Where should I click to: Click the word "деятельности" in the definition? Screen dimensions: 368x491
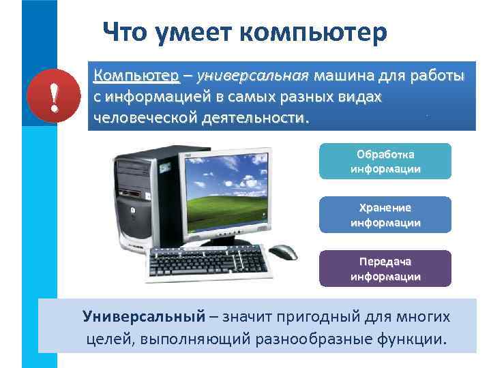(255, 118)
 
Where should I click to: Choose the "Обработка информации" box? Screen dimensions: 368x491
(385, 161)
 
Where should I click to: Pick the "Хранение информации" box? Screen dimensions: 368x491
(385, 215)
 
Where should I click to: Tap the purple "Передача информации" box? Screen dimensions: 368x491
(385, 269)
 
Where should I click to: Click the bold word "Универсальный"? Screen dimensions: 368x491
(144, 316)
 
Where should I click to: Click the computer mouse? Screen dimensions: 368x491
(282, 251)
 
